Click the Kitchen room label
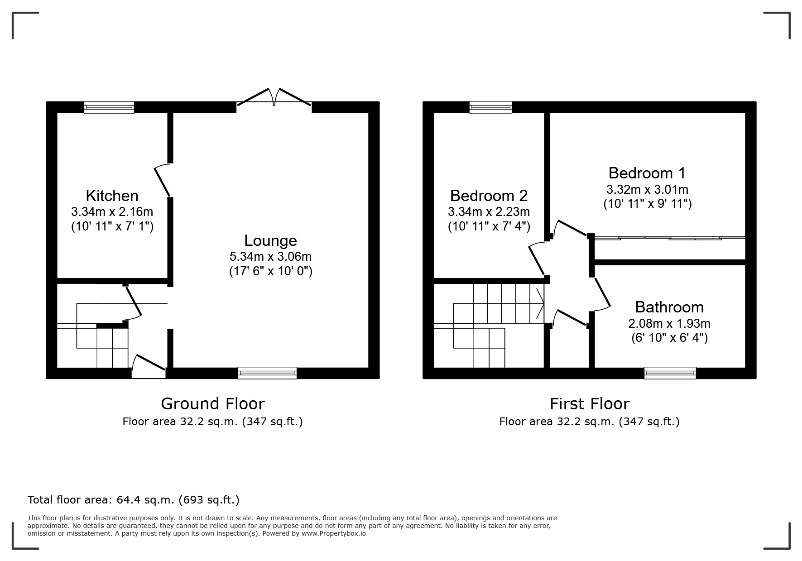[112, 196]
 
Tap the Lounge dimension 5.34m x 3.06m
[270, 256]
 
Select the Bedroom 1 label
[647, 173]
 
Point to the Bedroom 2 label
[489, 196]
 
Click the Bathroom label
[669, 307]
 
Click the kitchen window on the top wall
[109, 107]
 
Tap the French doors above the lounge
[274, 98]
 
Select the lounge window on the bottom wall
[267, 373]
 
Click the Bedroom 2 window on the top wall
[490, 107]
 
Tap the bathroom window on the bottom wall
[670, 373]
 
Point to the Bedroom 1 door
[571, 228]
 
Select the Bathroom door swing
[602, 294]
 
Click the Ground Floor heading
[212, 403]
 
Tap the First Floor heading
[589, 403]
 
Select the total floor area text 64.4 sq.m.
[133, 500]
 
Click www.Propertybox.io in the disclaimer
[333, 533]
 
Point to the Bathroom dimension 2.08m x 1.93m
[669, 323]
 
